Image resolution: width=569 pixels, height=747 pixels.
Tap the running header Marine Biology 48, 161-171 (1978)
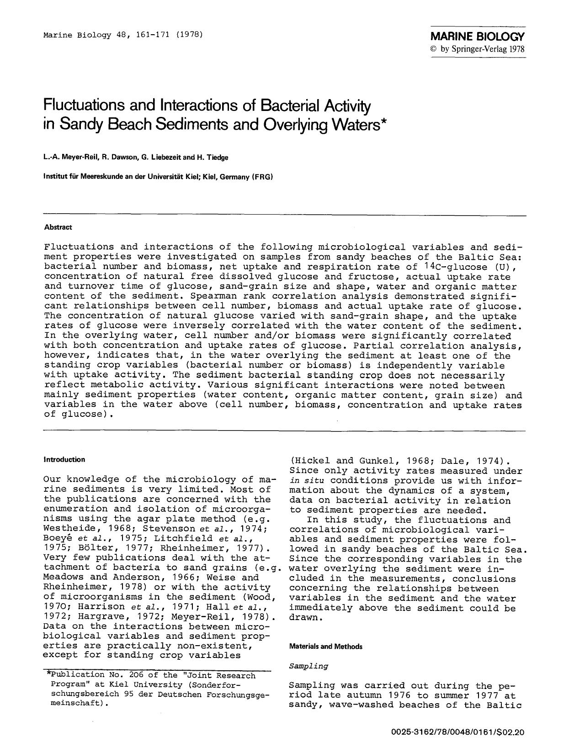point(123,35)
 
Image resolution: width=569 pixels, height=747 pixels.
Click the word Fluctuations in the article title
point(85,106)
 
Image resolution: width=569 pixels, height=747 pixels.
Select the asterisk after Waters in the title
point(383,121)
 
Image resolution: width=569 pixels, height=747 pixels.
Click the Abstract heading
point(58,227)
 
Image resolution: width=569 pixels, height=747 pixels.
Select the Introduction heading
point(64,459)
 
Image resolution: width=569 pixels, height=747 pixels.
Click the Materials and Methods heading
point(326,647)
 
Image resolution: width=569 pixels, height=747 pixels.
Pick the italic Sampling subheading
point(308,666)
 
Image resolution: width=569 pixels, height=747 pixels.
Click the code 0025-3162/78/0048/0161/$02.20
point(458,732)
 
